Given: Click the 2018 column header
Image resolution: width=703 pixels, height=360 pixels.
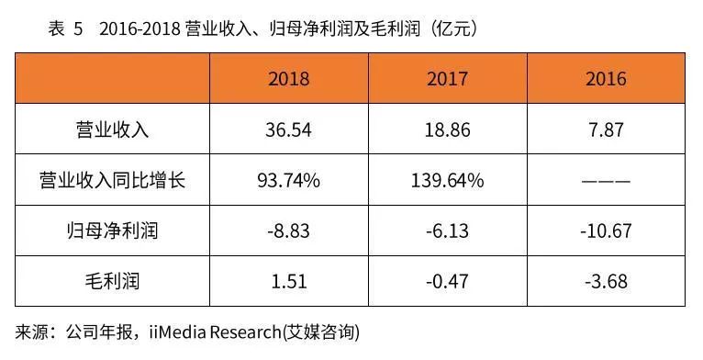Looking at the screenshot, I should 289,79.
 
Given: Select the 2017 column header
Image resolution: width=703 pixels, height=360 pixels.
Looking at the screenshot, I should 448,79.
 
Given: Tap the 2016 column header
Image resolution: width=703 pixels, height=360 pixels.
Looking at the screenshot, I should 606,79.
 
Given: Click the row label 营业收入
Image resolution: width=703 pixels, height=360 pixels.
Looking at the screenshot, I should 112,129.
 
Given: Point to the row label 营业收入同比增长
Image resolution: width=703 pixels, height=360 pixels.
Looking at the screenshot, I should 112,180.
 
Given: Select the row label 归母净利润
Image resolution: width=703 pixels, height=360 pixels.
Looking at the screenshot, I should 112,230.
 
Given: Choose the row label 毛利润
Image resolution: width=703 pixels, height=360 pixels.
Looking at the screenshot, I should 112,279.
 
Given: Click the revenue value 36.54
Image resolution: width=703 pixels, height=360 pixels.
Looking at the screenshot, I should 289,129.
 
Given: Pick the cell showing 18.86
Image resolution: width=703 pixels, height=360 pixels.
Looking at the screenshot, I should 448,129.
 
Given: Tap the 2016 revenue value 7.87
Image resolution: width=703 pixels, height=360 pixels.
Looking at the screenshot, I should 606,129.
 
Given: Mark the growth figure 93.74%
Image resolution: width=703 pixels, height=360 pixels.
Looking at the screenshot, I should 289,180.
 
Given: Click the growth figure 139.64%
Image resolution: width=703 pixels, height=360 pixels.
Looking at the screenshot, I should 448,180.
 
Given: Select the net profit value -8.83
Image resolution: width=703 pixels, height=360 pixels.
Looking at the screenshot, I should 289,230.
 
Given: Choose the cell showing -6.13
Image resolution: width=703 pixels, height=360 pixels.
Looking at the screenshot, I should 448,230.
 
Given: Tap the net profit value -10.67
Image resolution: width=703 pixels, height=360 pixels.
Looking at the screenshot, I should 606,230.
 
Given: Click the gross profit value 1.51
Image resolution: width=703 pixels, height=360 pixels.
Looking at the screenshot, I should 289,279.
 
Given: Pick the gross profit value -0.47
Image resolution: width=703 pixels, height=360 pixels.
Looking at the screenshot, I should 448,279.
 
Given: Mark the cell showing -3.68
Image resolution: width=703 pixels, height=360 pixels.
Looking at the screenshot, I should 606,279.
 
